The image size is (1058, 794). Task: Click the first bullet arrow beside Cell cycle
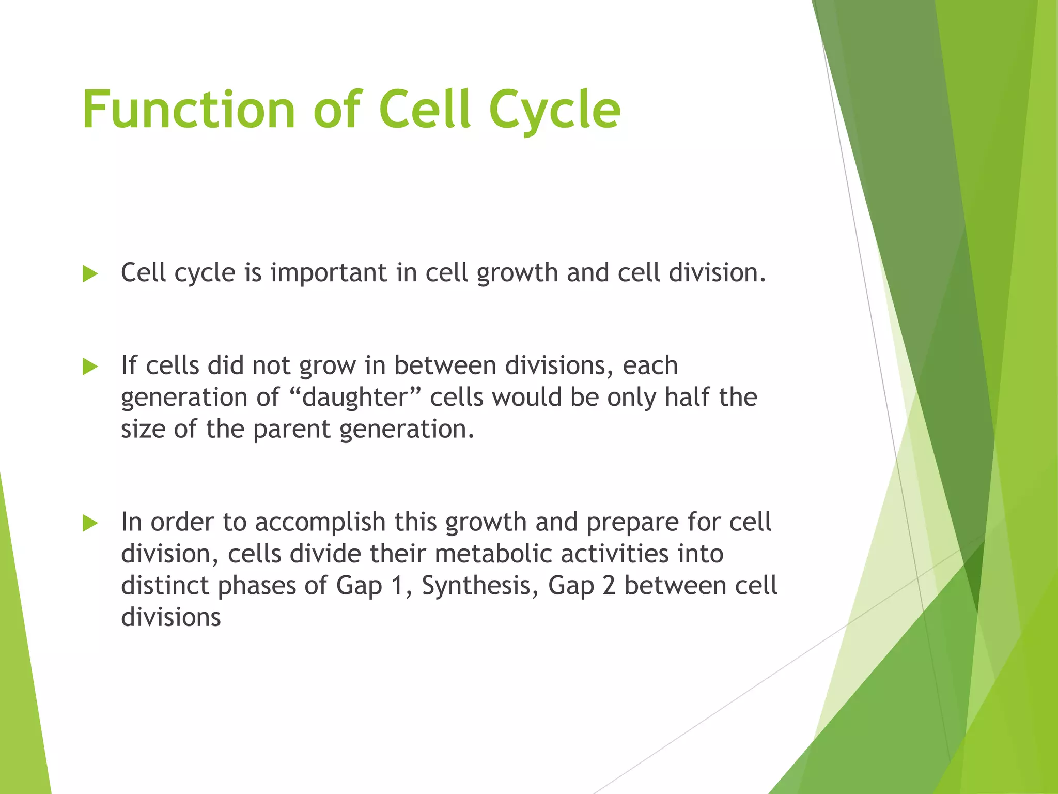click(90, 274)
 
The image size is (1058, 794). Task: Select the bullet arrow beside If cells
click(90, 367)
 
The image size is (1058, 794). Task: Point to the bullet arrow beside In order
click(90, 523)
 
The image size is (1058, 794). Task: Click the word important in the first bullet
click(329, 273)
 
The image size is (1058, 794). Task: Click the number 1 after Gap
click(397, 585)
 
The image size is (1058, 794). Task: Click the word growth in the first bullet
click(517, 273)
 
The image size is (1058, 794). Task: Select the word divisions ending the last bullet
click(171, 617)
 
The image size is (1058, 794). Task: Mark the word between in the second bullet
click(445, 365)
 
